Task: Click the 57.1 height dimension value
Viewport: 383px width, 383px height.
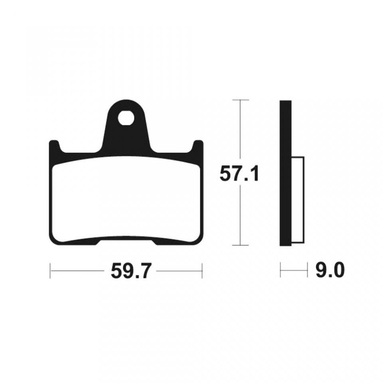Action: pyautogui.click(x=239, y=174)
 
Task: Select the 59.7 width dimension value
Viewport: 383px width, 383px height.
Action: pyautogui.click(x=130, y=271)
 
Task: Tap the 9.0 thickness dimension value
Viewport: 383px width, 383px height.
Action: pyautogui.click(x=330, y=270)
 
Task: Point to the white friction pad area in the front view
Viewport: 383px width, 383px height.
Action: pyautogui.click(x=127, y=200)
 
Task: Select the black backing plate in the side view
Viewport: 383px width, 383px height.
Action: pyautogui.click(x=286, y=173)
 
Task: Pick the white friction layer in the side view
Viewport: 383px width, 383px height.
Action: pyautogui.click(x=298, y=200)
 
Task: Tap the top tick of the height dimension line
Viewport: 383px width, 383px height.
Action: pyautogui.click(x=241, y=100)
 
